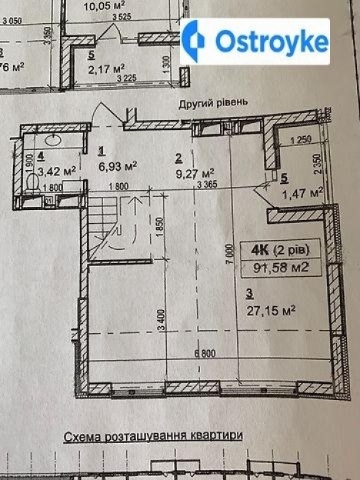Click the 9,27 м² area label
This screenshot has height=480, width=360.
tap(195, 173)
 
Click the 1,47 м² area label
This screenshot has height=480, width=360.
tap(302, 194)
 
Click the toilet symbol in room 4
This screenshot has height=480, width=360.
tap(31, 182)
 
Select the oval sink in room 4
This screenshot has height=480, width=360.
tap(54, 140)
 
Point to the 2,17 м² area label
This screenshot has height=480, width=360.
tap(107, 68)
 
